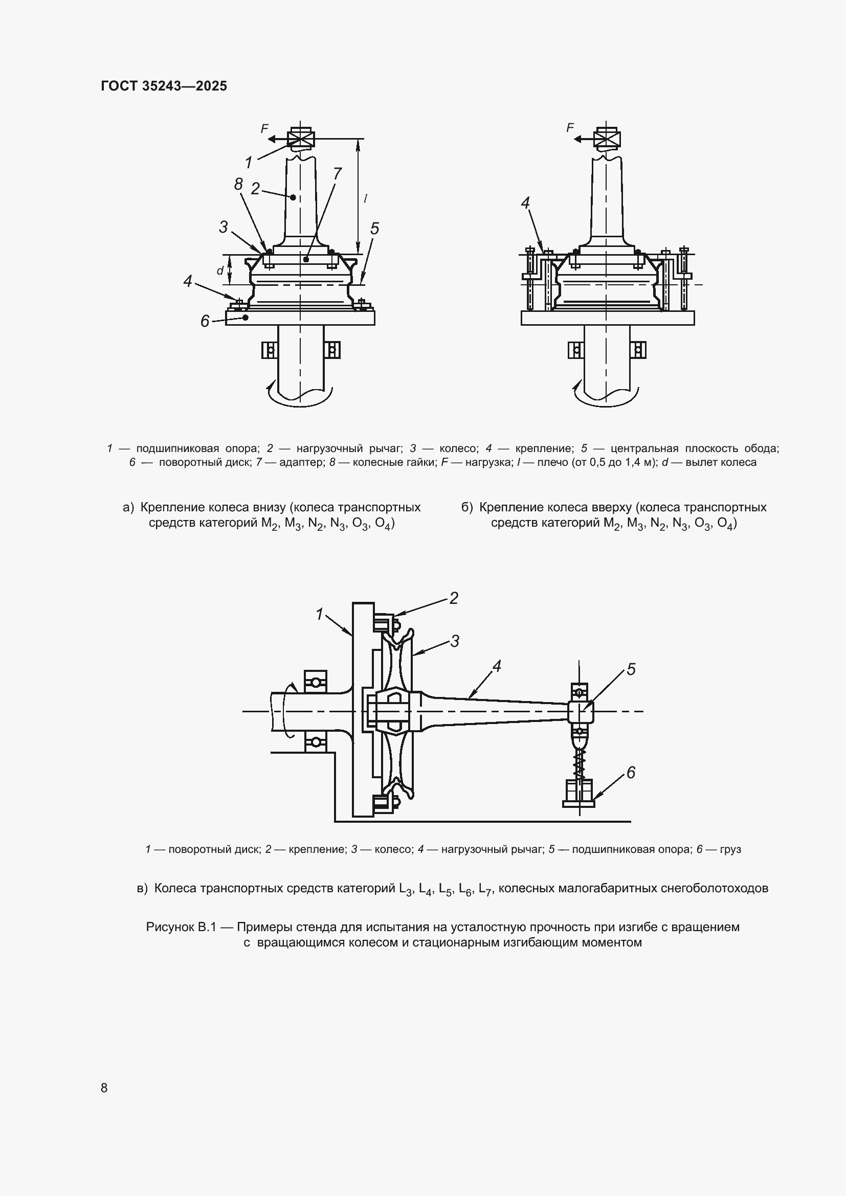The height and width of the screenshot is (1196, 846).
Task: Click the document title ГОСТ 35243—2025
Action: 164,86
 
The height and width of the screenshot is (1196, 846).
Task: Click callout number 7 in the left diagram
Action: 337,173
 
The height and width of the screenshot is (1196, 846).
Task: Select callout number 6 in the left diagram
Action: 205,322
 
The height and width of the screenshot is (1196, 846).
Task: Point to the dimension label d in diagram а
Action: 220,270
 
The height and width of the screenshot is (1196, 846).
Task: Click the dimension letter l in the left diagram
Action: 366,198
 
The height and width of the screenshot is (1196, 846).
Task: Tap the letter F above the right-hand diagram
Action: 570,127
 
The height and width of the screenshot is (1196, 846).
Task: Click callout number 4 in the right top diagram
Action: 525,203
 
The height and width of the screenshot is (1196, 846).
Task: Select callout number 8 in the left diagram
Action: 238,184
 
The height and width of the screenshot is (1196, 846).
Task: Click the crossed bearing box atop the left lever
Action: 301,139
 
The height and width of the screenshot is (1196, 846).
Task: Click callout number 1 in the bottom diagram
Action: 320,615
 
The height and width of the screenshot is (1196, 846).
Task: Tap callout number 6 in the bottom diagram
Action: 631,773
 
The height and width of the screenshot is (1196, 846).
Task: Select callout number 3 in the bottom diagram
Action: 455,641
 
